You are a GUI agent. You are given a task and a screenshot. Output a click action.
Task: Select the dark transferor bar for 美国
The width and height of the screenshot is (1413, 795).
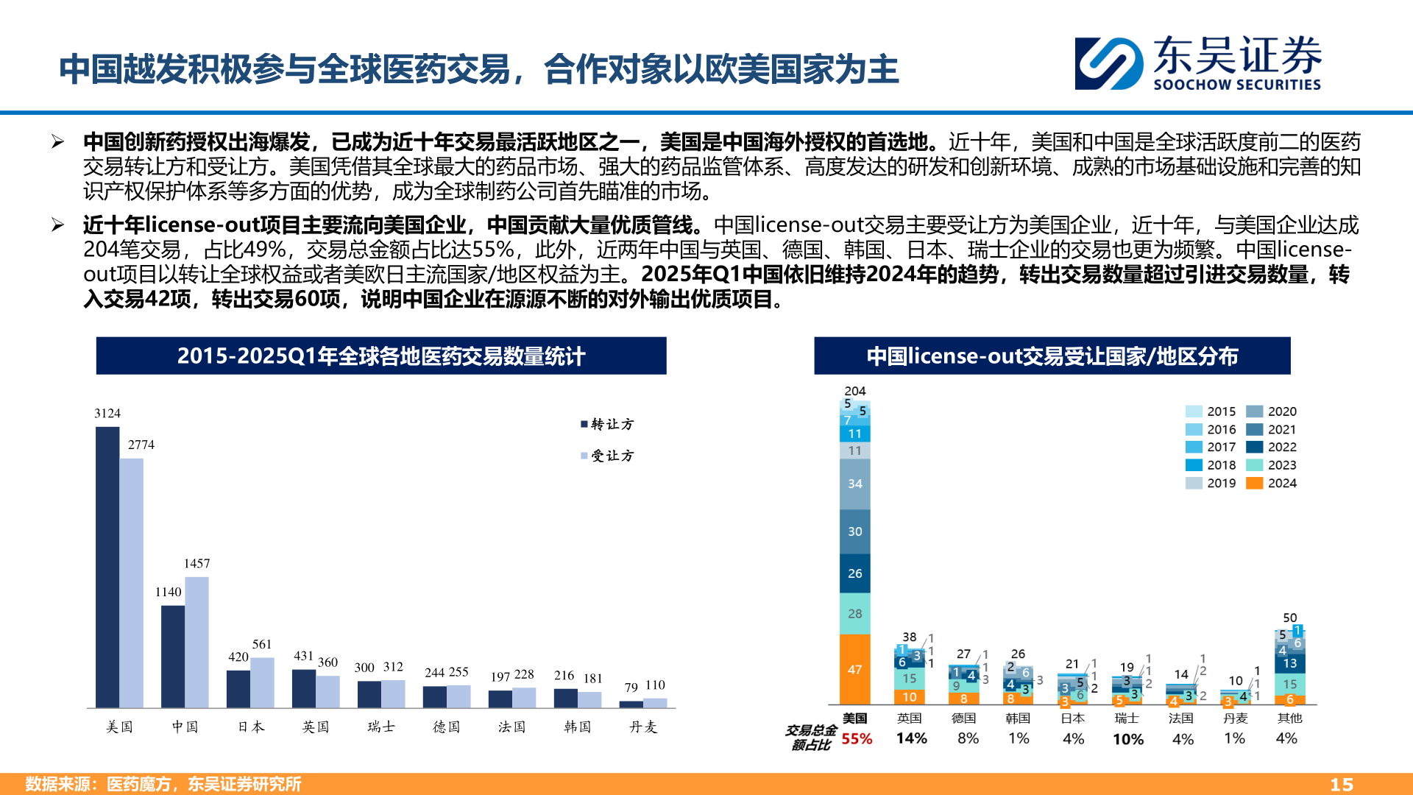tap(107, 567)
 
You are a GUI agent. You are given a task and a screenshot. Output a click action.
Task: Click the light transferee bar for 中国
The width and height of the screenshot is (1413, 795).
tap(196, 642)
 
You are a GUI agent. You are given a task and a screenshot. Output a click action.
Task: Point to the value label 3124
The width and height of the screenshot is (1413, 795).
tap(107, 414)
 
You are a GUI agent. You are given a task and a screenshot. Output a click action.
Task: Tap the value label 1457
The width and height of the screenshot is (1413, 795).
tap(196, 564)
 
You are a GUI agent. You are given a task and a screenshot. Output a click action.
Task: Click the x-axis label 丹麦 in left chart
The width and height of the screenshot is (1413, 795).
tap(643, 727)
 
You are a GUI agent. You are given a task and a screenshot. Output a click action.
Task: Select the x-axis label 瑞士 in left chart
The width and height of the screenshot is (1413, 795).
tap(381, 727)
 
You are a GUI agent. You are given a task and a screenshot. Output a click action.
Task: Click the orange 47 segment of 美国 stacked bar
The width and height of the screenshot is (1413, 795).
tap(854, 670)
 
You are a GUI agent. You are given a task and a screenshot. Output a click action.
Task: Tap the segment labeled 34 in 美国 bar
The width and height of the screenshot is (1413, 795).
tap(854, 484)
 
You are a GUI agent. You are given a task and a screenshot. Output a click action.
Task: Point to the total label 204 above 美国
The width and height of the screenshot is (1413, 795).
tap(854, 392)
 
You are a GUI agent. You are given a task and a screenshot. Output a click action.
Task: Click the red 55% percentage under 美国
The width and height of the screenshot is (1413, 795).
tap(857, 739)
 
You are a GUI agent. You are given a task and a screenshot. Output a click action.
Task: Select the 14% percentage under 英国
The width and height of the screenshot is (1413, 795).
tap(911, 738)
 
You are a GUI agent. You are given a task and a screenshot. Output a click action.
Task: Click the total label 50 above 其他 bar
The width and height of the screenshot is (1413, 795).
tap(1289, 618)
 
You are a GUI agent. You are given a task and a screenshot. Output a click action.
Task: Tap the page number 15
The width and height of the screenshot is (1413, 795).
tap(1342, 785)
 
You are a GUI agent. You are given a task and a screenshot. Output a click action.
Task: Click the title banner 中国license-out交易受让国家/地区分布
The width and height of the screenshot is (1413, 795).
tap(1052, 356)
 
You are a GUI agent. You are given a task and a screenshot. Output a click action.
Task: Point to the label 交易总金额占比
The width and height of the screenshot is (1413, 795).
tap(810, 738)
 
